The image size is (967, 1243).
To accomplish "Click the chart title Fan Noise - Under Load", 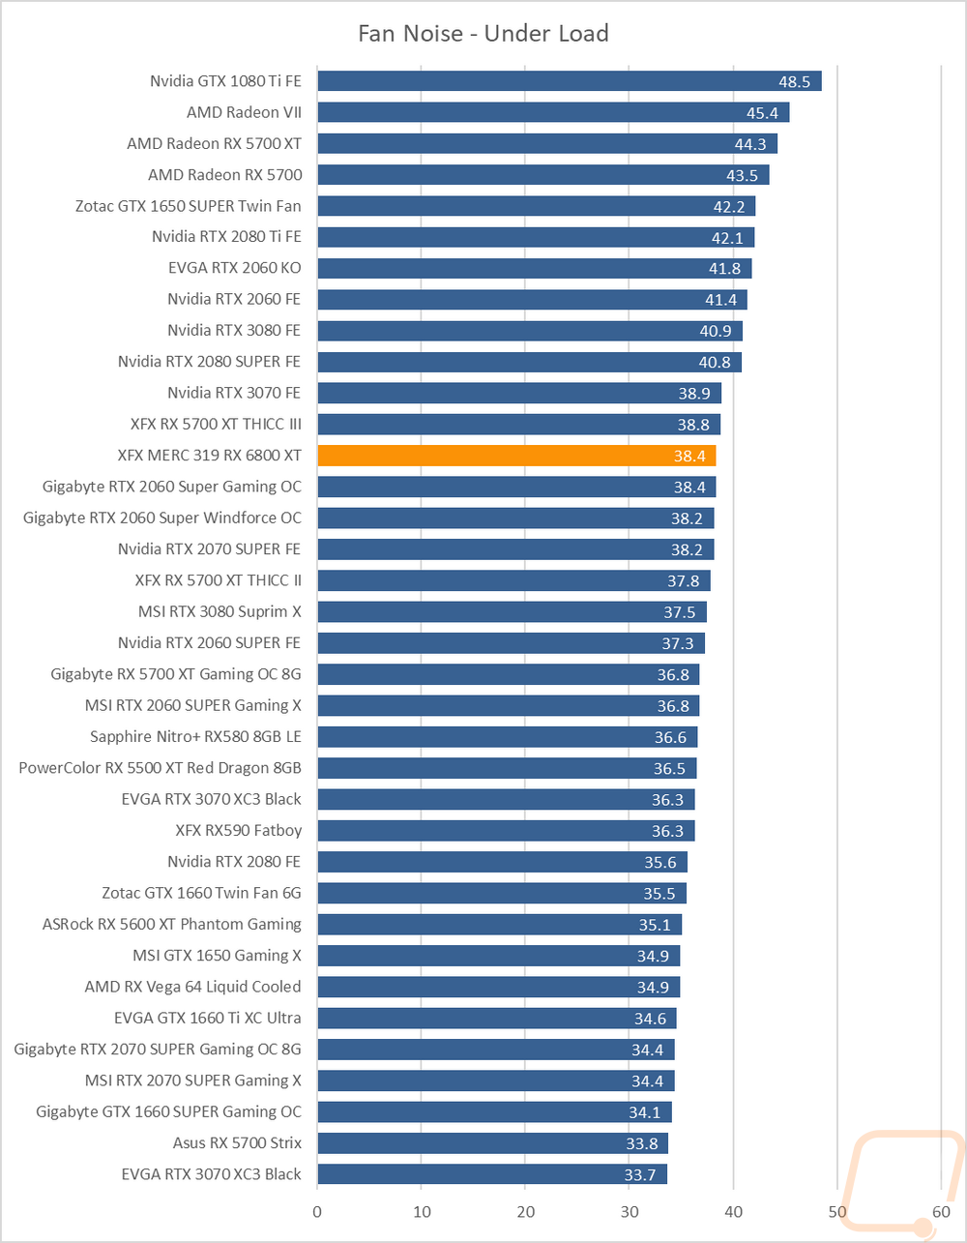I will pos(483,34).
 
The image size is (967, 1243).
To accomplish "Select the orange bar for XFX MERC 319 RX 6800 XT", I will pos(515,456).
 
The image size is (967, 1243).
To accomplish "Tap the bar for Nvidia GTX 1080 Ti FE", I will pos(569,80).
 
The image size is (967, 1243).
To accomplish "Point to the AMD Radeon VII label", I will pos(244,112).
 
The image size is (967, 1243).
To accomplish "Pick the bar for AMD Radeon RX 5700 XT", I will pos(546,143).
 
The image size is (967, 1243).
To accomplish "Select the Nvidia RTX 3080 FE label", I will pos(234,330).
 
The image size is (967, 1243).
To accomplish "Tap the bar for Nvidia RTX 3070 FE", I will pos(518,393).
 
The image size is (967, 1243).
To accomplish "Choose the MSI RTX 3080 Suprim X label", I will pos(220,611).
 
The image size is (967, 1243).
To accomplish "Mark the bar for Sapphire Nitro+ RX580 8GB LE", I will pos(507,737).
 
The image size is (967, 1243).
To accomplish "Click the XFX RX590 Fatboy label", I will pos(238,830).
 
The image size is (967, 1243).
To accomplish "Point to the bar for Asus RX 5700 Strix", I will pos(492,1143).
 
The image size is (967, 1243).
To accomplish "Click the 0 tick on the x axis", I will pos(317,1210).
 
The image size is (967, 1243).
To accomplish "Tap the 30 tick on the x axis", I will pos(630,1210).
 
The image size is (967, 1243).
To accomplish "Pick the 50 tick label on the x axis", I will pos(837,1210).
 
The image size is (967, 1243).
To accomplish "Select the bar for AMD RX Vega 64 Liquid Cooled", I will pos(498,987).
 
